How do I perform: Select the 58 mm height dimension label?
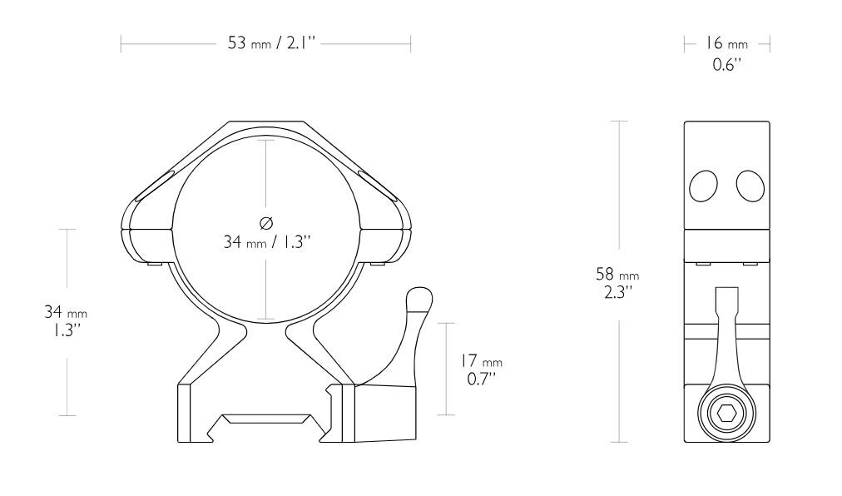click(x=617, y=274)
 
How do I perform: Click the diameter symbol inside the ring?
click(x=265, y=222)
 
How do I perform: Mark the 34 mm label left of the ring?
click(x=65, y=313)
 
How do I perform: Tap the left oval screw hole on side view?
click(x=703, y=186)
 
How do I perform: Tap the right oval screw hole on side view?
click(x=750, y=186)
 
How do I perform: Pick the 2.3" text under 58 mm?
click(x=617, y=291)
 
